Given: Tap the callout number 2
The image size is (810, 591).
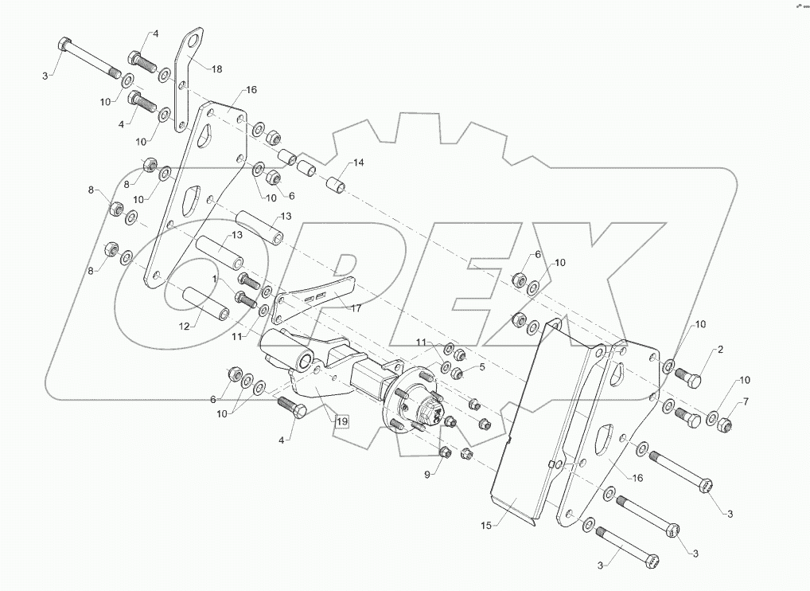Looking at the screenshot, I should click(x=720, y=349).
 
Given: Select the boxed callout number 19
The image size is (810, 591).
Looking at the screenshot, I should click(x=341, y=421).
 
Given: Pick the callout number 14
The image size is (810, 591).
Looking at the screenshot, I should click(x=358, y=162).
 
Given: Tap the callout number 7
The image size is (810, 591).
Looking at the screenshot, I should click(x=745, y=402).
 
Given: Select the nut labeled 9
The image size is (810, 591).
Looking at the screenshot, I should click(x=445, y=454).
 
